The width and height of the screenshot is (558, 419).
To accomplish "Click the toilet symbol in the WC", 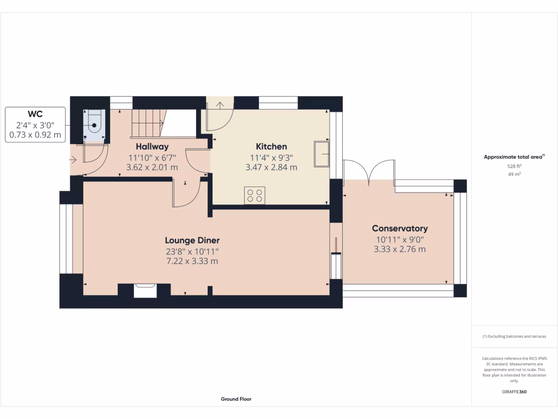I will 94,124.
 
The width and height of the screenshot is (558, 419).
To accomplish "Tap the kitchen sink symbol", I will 321,153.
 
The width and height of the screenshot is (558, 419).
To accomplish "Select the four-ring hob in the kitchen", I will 254,195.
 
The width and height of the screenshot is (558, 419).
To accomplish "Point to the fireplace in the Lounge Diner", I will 145,290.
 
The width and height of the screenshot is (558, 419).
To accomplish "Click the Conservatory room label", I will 399,229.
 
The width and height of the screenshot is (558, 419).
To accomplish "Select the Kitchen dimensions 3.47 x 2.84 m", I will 271,167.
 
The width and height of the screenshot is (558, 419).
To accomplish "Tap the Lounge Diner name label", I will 192,240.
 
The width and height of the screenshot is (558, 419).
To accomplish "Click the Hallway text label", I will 152,146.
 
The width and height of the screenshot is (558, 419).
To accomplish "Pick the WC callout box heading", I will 35,114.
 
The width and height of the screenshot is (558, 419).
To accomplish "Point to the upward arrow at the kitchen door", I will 220,105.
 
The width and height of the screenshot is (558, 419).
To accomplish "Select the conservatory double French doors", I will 369,170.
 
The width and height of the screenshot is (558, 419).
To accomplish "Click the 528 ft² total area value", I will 514,166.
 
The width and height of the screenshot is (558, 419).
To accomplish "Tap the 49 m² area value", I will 514,174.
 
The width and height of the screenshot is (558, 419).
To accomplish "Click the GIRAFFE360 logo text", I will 514,392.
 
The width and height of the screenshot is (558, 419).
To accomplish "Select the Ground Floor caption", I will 236,399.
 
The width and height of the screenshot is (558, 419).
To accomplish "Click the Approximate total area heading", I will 514,157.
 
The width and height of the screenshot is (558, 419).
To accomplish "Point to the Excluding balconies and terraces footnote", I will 514,337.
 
